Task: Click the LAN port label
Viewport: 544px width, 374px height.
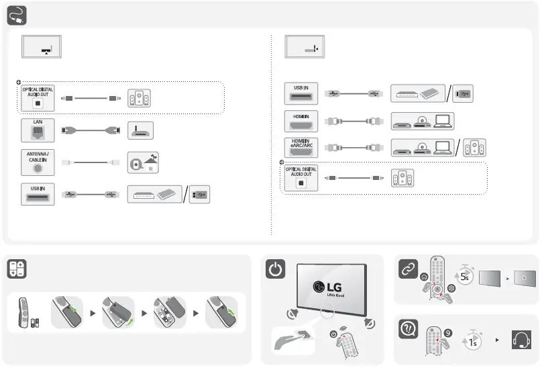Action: tap(38, 122)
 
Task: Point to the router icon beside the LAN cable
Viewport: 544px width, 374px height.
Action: tap(140, 130)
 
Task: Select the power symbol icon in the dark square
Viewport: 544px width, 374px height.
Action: tap(276, 269)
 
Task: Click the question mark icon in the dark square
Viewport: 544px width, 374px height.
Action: tap(408, 328)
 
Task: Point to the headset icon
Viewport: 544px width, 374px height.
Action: tap(521, 340)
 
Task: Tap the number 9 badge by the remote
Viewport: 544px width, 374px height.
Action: tap(447, 331)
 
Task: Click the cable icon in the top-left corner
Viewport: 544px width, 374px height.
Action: tap(17, 14)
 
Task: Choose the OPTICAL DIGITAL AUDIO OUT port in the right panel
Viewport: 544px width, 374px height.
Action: tap(301, 178)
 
